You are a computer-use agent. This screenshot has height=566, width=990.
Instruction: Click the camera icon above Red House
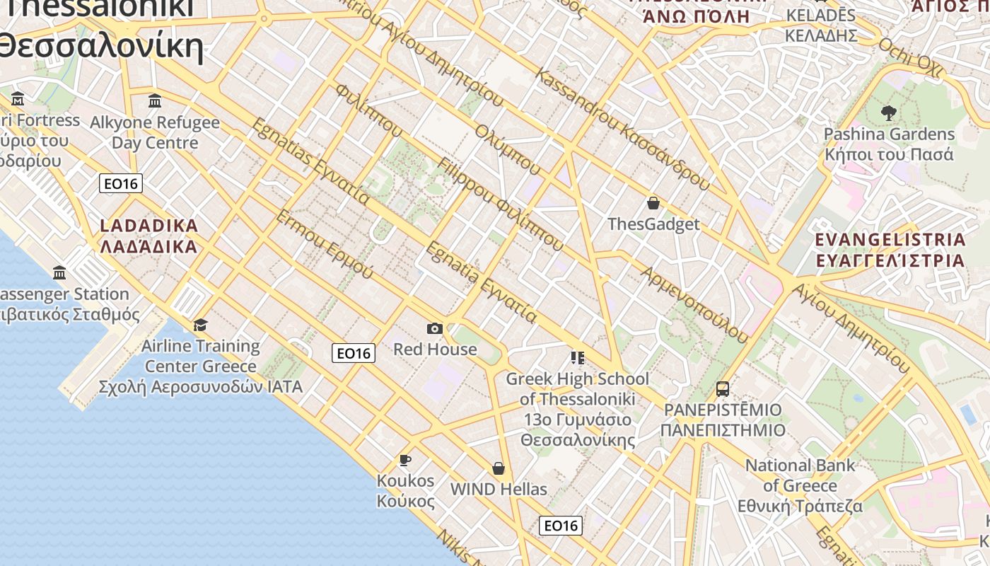click(435, 328)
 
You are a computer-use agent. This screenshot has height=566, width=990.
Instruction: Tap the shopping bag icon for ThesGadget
click(653, 204)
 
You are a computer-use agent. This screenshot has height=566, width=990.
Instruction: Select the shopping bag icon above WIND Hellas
click(499, 468)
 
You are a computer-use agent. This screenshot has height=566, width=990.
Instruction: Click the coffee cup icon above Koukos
click(405, 461)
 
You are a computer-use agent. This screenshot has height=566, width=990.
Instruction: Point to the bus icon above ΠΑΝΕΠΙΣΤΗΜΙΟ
click(722, 389)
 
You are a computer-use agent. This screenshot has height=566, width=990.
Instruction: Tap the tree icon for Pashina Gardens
click(888, 112)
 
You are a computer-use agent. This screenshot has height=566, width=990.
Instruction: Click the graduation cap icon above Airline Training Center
click(201, 325)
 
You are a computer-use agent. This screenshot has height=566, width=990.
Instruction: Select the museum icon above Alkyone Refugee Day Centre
click(155, 101)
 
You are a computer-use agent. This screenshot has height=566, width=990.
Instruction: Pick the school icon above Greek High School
click(577, 358)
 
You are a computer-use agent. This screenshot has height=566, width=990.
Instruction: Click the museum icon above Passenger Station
click(60, 272)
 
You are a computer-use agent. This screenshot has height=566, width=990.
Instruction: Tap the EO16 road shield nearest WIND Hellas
click(561, 526)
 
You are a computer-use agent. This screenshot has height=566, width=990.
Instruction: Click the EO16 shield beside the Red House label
click(354, 353)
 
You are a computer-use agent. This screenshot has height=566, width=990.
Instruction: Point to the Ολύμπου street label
click(508, 150)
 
